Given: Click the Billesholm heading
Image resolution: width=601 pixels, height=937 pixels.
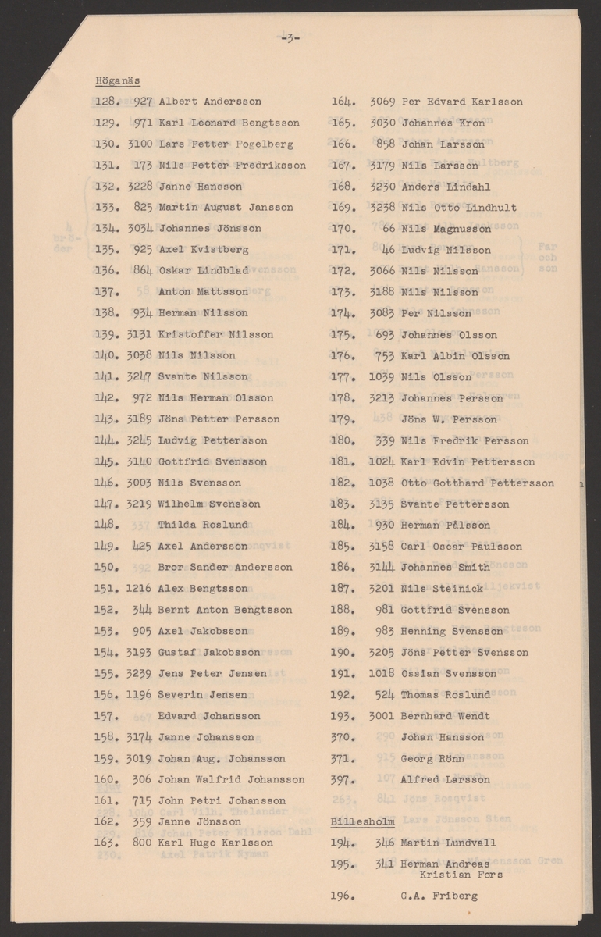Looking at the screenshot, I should coord(363,822).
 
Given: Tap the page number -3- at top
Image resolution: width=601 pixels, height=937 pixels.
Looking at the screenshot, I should coord(290,41).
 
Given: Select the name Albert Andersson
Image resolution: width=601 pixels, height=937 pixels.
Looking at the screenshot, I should coord(210,102).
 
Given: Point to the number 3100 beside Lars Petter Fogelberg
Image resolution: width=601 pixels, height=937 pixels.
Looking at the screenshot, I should coord(140,144).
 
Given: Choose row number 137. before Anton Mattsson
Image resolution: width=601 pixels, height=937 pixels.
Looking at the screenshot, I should coord(106,292).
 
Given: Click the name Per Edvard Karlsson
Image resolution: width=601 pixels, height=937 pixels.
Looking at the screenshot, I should coord(462,102).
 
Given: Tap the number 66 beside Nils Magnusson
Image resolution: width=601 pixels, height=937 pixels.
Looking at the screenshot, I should coord(389,229).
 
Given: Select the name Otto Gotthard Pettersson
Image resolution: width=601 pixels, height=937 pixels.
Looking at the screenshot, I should coord(478,483).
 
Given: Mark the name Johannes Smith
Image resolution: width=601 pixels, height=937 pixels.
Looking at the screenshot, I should coord(446,568).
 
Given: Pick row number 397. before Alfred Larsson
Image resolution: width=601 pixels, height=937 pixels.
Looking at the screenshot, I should coord(343,779).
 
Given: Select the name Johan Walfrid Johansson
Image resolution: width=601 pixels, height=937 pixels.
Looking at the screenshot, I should coord(232,779).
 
